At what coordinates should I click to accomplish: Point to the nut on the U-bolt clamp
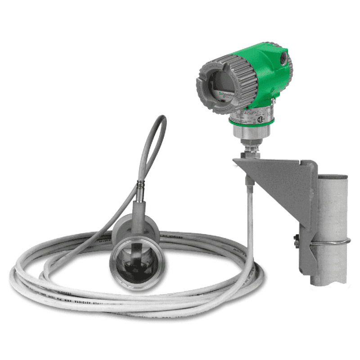296,239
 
